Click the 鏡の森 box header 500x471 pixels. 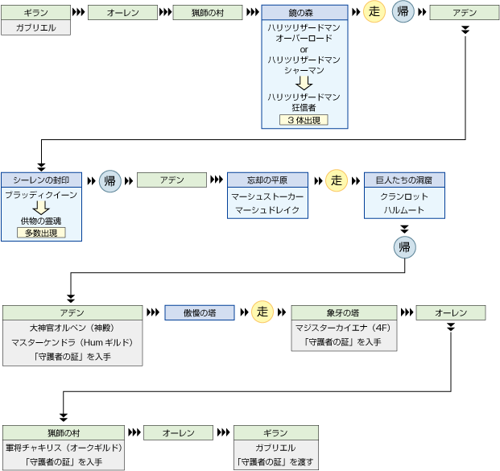(x=304, y=13)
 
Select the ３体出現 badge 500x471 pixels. (x=304, y=119)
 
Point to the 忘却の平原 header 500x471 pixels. (x=267, y=180)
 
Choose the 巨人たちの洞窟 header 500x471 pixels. (x=404, y=180)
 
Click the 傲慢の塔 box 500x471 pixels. (x=200, y=312)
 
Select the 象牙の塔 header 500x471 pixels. (x=344, y=312)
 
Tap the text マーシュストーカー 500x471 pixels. (x=267, y=196)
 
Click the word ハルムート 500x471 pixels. (x=404, y=211)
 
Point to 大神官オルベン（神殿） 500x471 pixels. (x=72, y=328)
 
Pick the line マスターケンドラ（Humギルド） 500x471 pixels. (x=72, y=342)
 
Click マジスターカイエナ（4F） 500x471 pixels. (x=344, y=328)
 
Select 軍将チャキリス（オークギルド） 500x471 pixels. (x=64, y=448)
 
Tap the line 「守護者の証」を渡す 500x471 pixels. (x=275, y=462)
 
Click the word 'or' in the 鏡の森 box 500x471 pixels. (x=304, y=49)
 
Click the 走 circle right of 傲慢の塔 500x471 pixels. (x=262, y=312)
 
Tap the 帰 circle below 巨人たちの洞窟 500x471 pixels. (x=404, y=247)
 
